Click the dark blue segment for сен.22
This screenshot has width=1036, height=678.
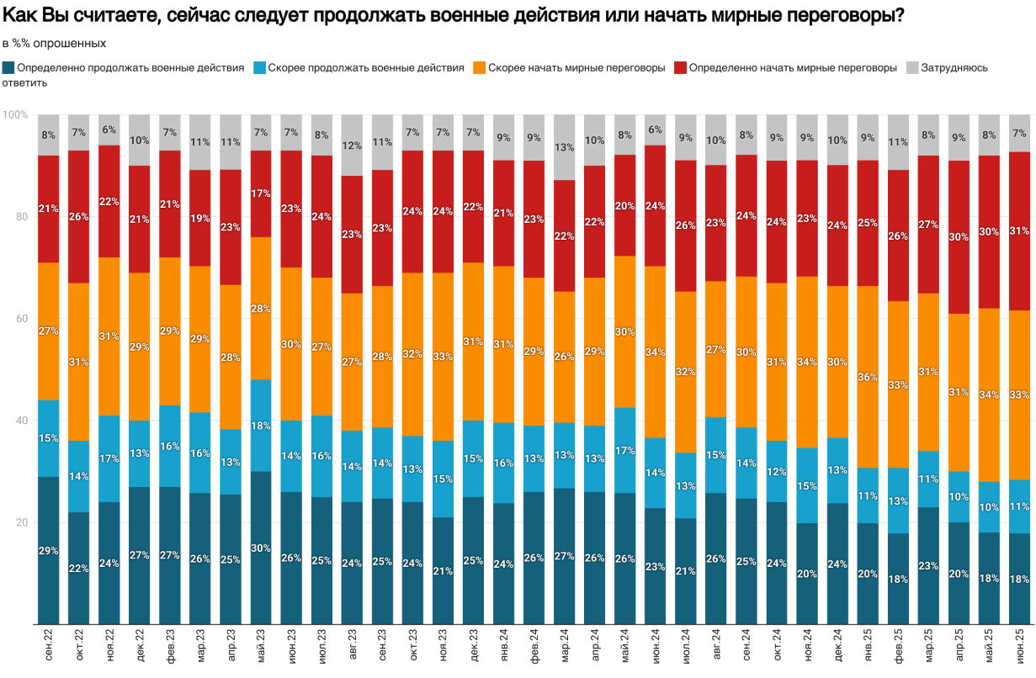(49, 550)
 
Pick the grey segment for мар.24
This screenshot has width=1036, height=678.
(565, 147)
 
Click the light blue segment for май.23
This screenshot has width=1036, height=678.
(261, 426)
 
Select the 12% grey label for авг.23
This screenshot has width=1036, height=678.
(352, 146)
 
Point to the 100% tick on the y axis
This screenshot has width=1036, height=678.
(15, 114)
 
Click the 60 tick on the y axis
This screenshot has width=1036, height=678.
(20, 319)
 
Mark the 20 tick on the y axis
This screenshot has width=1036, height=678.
(20, 522)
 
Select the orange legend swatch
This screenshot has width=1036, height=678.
(480, 67)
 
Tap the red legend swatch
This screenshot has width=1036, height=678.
(680, 67)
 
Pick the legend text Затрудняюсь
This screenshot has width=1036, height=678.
(954, 67)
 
